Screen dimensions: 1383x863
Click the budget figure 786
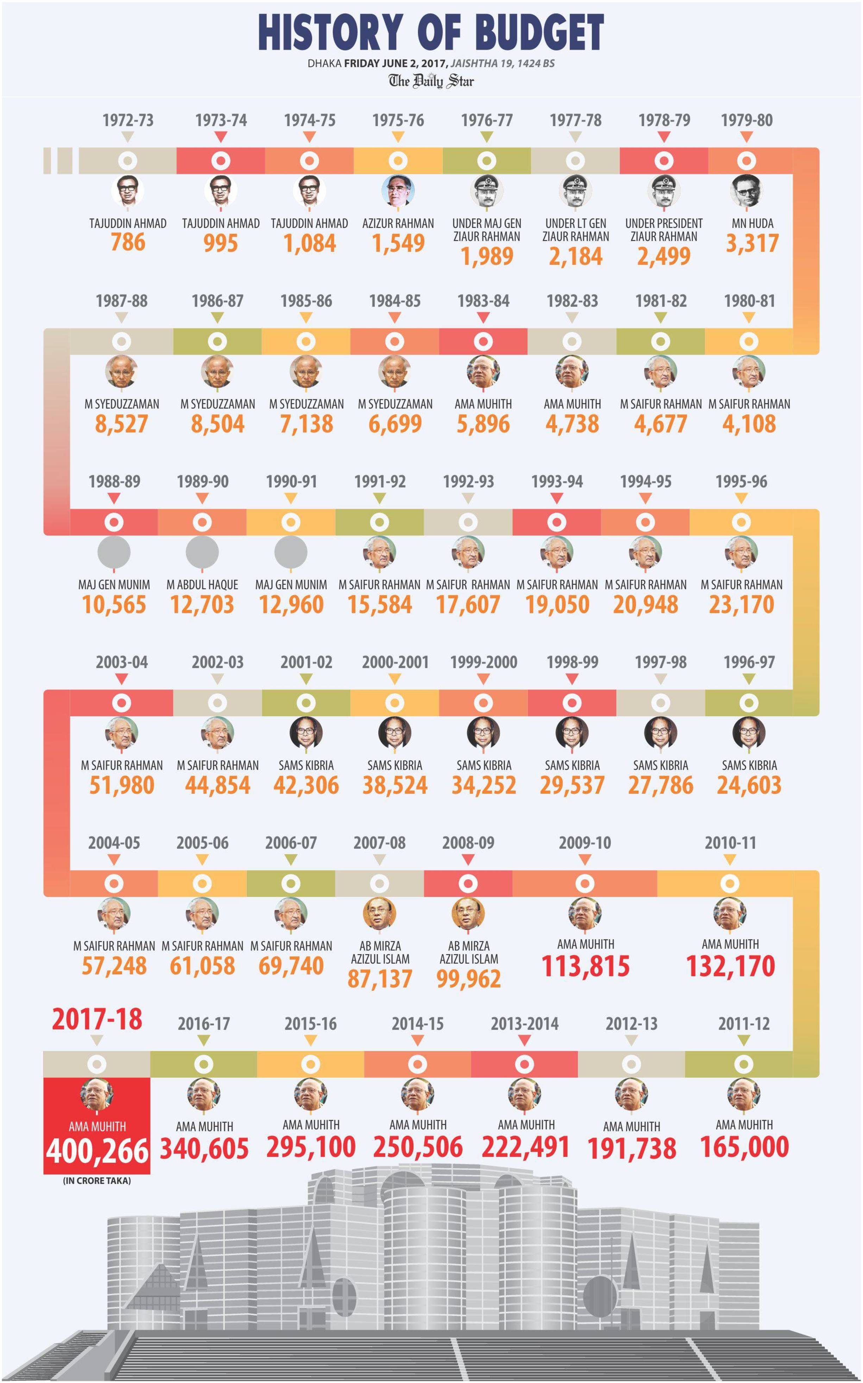pos(128,242)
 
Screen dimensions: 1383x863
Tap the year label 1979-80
pos(747,120)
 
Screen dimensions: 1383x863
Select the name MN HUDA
pos(752,223)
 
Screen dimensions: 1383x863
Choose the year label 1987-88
pos(121,301)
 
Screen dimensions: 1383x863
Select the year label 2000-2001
pos(395,662)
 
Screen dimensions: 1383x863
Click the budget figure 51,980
pos(121,785)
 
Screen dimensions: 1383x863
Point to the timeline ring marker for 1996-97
pos(749,703)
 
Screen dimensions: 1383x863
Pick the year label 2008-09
pos(468,842)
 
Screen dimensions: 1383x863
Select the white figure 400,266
pos(97,1151)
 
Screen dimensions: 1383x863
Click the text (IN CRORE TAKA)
pos(97,1180)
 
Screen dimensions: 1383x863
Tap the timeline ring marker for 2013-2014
pos(524,1064)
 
